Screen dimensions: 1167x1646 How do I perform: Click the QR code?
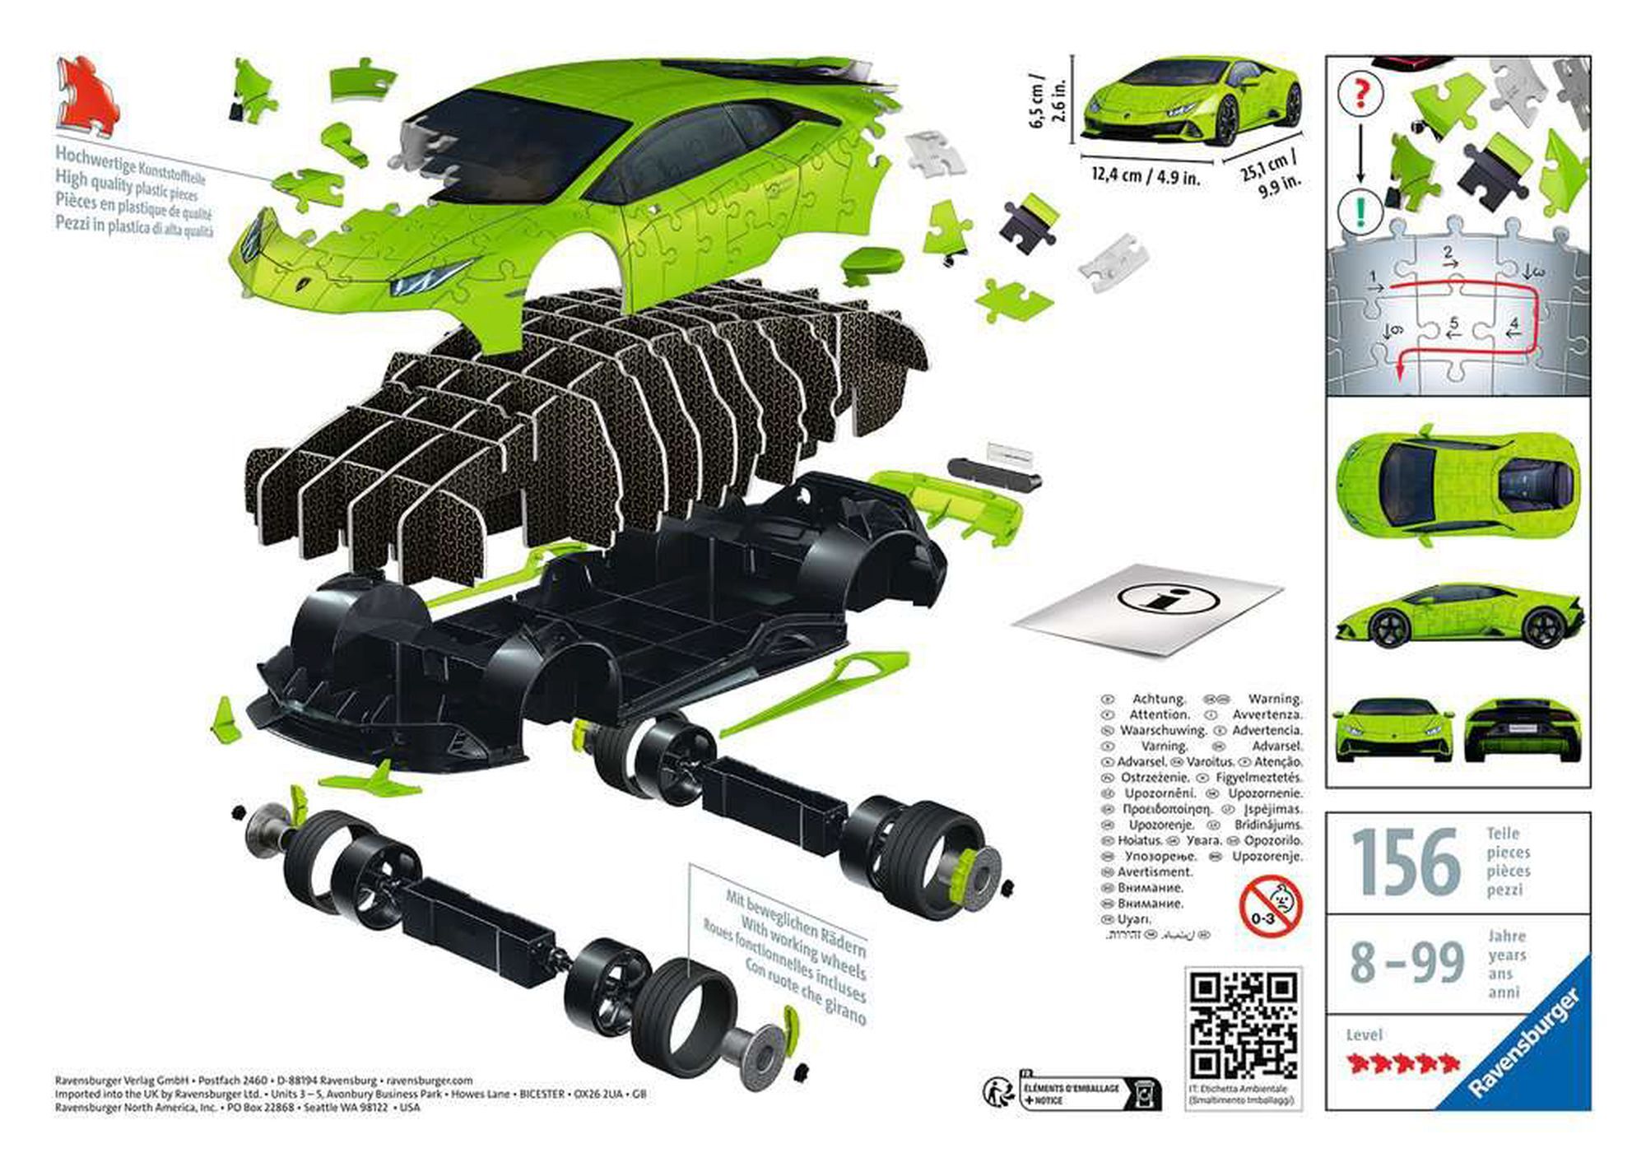pyautogui.click(x=1244, y=1025)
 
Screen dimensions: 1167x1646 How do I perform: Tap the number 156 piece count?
pyautogui.click(x=1405, y=862)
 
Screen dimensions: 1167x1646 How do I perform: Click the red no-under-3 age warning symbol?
pyautogui.click(x=1271, y=906)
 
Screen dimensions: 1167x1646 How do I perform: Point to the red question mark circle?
pyautogui.click(x=1360, y=94)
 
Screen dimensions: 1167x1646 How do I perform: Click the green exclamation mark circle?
pyautogui.click(x=1360, y=210)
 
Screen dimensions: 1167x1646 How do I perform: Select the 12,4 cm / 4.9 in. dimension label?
pyautogui.click(x=1146, y=175)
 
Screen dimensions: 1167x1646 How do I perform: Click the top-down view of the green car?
pyautogui.click(x=1458, y=485)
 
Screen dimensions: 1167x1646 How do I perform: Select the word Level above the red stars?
pyautogui.click(x=1364, y=1034)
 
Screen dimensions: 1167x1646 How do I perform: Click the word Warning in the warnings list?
pyautogui.click(x=1275, y=699)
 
